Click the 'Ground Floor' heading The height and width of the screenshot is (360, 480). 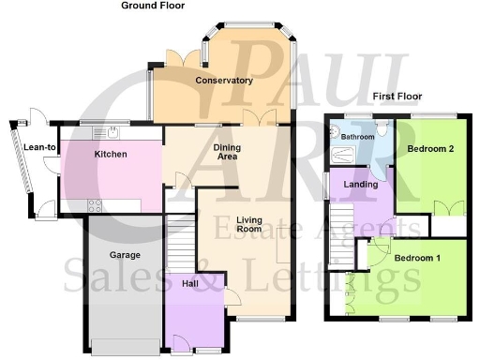(x=153, y=6)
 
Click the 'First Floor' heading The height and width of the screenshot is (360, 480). (x=397, y=97)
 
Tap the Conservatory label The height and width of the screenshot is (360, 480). (x=224, y=81)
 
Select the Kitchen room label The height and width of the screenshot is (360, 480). (x=112, y=154)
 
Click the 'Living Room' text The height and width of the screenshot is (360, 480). (x=248, y=225)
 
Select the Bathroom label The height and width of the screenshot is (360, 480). (x=358, y=138)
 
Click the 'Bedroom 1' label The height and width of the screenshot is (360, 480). (x=417, y=258)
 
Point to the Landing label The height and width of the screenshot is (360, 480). (x=362, y=185)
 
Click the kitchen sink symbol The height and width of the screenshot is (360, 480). (x=112, y=130)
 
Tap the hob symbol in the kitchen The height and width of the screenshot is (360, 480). (x=95, y=205)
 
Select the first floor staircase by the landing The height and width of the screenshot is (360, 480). (x=344, y=253)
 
